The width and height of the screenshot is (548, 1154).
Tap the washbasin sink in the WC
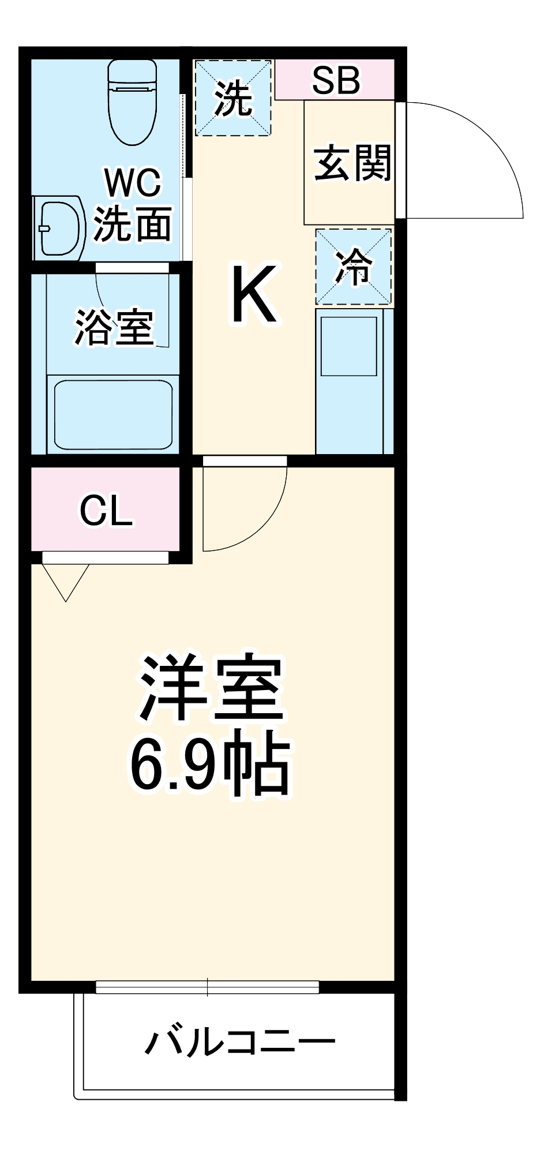[59, 227]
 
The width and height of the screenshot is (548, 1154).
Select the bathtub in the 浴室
[113, 414]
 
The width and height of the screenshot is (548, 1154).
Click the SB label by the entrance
[336, 80]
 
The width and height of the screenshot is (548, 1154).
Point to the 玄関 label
[352, 163]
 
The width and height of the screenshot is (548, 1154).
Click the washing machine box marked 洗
[233, 98]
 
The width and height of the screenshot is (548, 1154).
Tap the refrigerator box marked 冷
[354, 267]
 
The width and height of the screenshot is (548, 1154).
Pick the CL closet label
[107, 510]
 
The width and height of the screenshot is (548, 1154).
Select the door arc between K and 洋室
[254, 519]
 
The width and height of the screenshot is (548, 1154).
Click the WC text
[133, 183]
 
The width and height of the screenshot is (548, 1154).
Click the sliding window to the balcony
[208, 987]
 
